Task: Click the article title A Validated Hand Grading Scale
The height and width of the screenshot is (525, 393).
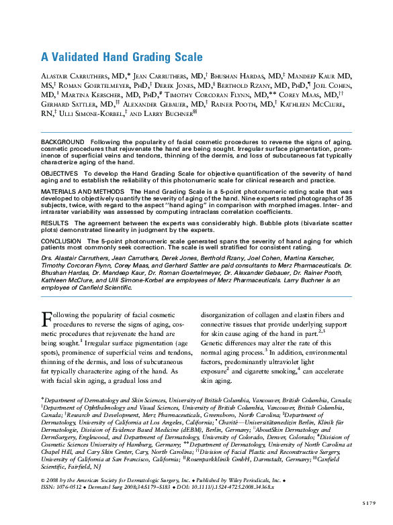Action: pos(122,57)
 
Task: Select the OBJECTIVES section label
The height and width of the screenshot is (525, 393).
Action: pos(60,173)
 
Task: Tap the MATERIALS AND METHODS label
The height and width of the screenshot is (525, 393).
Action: pos(83,192)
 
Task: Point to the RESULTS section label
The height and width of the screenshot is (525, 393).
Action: pos(55,222)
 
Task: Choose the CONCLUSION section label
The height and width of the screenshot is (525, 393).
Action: pos(61,240)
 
